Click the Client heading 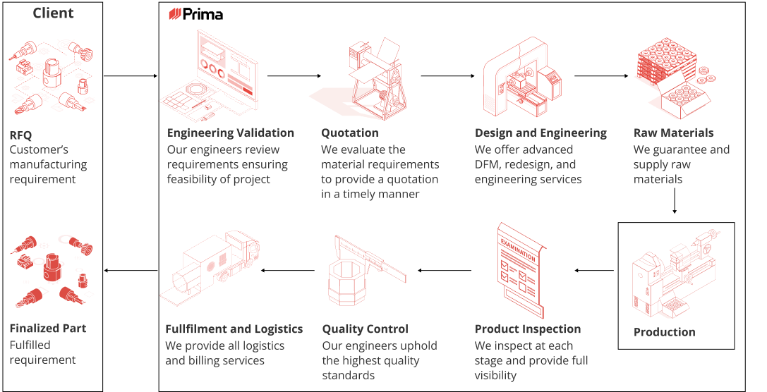(53, 13)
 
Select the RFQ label (20, 135)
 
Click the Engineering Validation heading (230, 133)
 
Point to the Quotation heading (349, 133)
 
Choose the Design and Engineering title (540, 133)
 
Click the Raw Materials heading (673, 133)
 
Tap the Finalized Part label (47, 329)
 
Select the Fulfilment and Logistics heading (234, 329)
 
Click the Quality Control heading (365, 329)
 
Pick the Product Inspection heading (527, 329)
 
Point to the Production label (664, 332)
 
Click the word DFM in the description (488, 164)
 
